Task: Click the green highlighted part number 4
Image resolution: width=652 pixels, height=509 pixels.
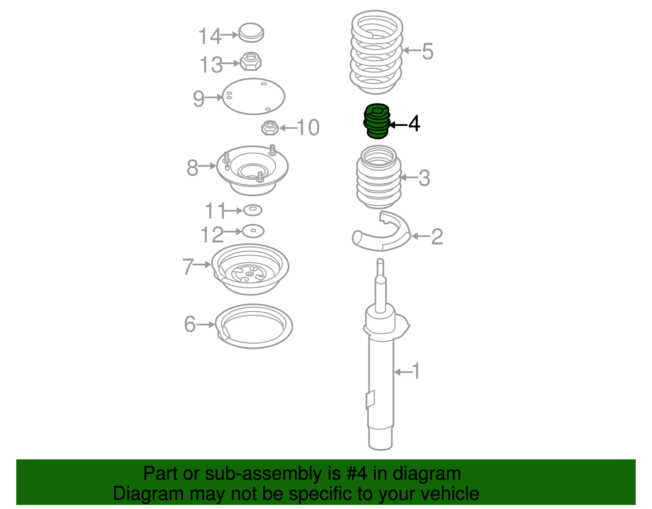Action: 377,121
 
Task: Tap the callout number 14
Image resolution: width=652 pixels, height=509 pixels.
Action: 209,36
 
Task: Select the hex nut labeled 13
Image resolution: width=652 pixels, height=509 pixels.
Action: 251,62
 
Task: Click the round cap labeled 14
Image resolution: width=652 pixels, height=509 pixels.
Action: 251,32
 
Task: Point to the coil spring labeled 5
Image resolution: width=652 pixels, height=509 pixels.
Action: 376,53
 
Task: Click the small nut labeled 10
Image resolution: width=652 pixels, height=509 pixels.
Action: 270,128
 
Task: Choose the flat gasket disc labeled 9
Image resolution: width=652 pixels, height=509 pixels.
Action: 253,97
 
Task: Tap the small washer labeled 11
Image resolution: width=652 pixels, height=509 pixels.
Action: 253,210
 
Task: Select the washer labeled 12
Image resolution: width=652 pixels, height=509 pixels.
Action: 253,231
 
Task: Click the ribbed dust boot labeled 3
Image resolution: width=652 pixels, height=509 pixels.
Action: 379,177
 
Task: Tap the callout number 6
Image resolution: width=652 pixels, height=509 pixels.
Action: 190,324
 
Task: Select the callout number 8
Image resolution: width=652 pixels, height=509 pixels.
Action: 192,167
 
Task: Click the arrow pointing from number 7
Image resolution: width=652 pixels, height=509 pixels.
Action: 202,264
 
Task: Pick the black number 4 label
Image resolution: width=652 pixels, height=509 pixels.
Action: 414,123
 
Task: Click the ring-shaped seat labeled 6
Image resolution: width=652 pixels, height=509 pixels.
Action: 254,326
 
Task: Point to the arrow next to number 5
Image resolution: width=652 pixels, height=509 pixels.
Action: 412,51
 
